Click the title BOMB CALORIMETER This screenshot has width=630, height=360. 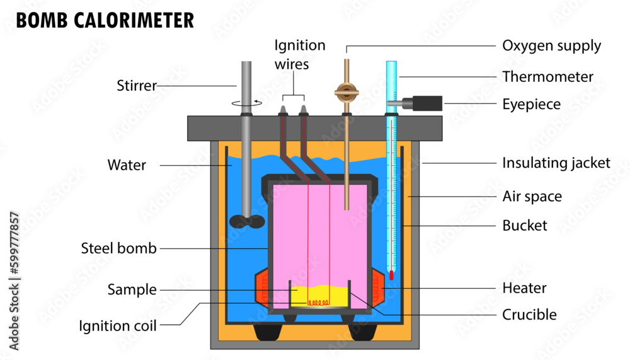tap(105, 20)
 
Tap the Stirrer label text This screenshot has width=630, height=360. tap(137, 86)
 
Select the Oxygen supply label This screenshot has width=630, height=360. tap(551, 45)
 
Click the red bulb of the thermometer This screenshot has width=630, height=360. tap(391, 275)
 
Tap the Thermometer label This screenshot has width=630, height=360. tap(547, 77)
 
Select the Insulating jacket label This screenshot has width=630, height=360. tap(556, 163)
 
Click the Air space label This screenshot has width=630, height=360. tap(532, 197)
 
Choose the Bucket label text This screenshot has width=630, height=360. tap(524, 225)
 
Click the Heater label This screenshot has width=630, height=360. tap(524, 288)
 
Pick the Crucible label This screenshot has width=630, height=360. tap(529, 314)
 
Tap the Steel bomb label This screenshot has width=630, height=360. tap(118, 248)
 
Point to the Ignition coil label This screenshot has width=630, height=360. tap(118, 326)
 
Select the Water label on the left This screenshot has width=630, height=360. tap(127, 165)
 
